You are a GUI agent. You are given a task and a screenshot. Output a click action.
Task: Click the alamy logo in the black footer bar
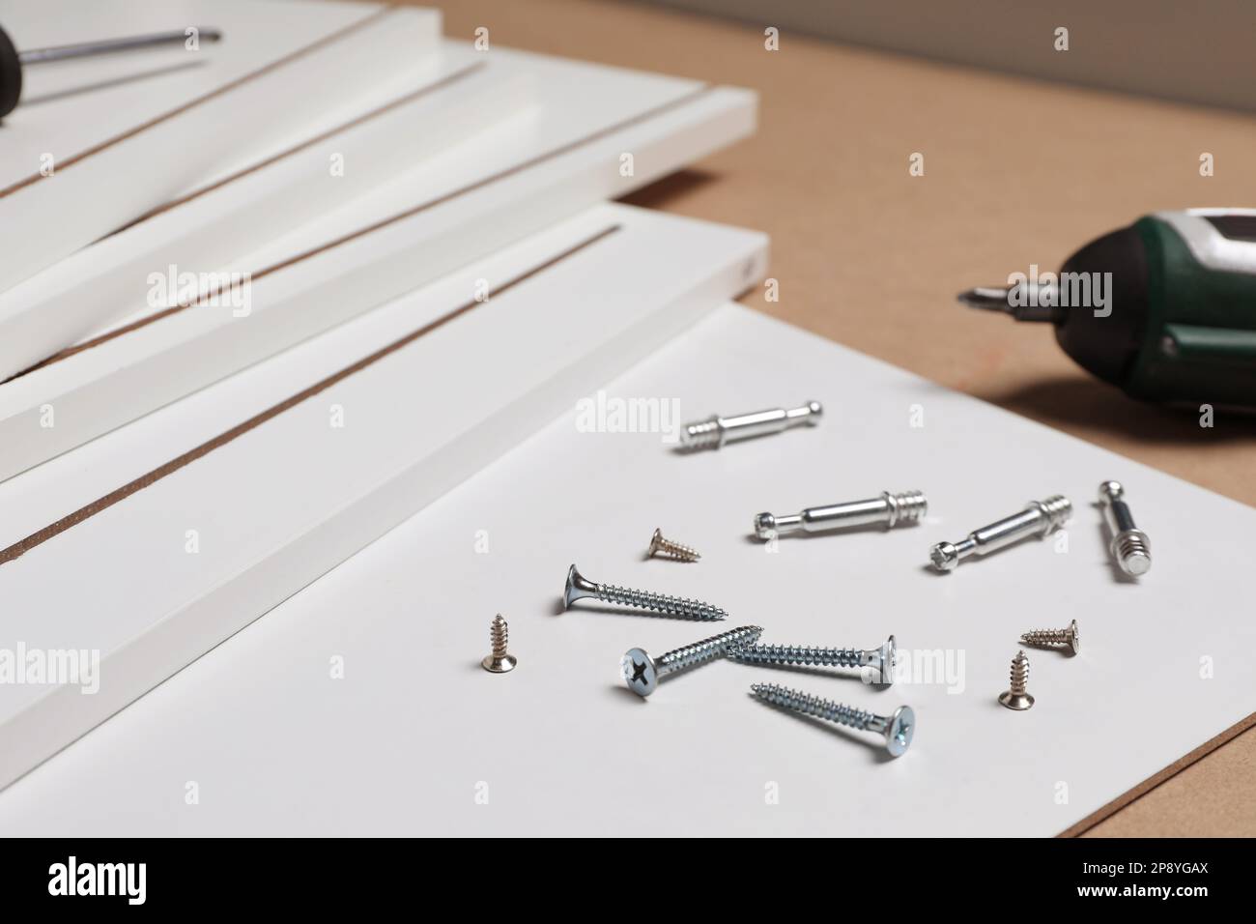click(x=100, y=880)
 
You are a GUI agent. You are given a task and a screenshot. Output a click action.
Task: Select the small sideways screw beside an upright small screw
click(x=1051, y=634)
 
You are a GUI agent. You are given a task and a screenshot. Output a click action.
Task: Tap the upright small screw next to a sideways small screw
click(x=1014, y=678)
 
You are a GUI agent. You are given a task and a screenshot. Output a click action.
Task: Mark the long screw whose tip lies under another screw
click(x=812, y=654)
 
